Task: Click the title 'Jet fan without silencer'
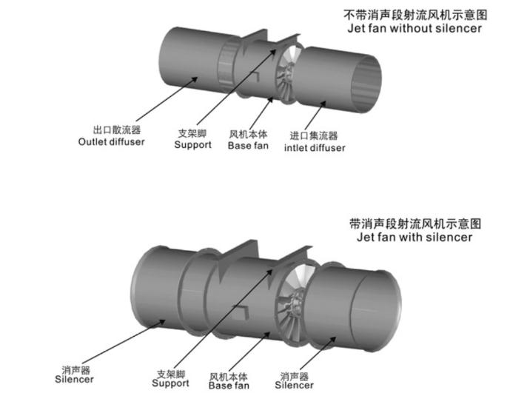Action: click(414, 28)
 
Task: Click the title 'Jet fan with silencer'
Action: click(414, 237)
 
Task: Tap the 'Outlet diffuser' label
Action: click(111, 141)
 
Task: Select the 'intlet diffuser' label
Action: click(315, 147)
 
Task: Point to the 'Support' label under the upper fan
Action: click(193, 145)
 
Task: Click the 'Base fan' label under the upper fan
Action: click(248, 146)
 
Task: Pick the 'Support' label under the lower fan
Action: click(170, 383)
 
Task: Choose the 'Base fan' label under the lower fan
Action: click(229, 385)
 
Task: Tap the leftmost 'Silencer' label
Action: click(74, 379)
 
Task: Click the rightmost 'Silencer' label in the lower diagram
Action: click(294, 385)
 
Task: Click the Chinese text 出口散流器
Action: click(117, 130)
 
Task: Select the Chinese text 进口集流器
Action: click(314, 135)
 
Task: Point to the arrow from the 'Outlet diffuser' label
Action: click(167, 99)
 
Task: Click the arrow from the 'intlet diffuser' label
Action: click(315, 115)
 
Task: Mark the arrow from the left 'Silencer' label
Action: click(124, 342)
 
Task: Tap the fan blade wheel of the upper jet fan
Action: click(286, 73)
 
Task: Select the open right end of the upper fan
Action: click(366, 84)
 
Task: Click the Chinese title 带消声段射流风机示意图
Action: click(415, 223)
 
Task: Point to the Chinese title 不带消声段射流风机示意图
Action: click(415, 15)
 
